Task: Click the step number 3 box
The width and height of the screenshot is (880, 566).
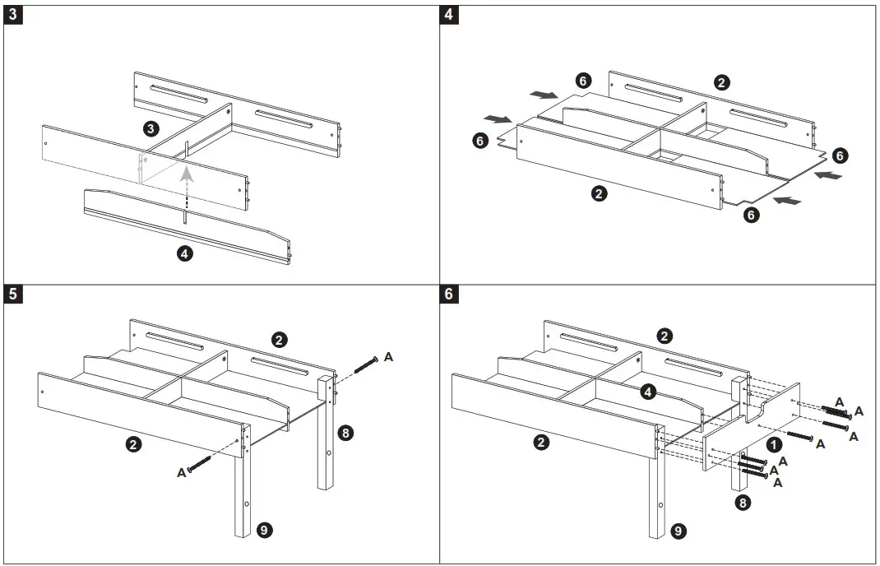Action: (13, 16)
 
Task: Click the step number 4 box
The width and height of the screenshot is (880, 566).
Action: (449, 16)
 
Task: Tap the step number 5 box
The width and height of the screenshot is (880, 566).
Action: (13, 295)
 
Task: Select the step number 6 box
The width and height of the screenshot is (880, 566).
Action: (449, 295)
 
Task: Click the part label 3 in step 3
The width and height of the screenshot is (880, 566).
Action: (150, 128)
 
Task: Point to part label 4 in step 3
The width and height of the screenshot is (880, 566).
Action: (185, 253)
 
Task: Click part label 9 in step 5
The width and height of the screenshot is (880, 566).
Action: (265, 530)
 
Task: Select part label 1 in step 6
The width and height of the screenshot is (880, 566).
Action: (773, 443)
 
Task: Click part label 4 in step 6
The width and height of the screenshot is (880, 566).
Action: (648, 392)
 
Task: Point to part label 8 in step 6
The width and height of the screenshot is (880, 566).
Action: (743, 503)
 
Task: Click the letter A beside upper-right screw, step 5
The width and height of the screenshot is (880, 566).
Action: (389, 356)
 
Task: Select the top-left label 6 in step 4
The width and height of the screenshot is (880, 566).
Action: (581, 80)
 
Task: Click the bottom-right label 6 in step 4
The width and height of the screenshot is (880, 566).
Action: (750, 215)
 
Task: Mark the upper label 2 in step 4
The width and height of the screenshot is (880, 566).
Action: (721, 82)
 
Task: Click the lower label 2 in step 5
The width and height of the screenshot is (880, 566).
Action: (133, 444)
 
